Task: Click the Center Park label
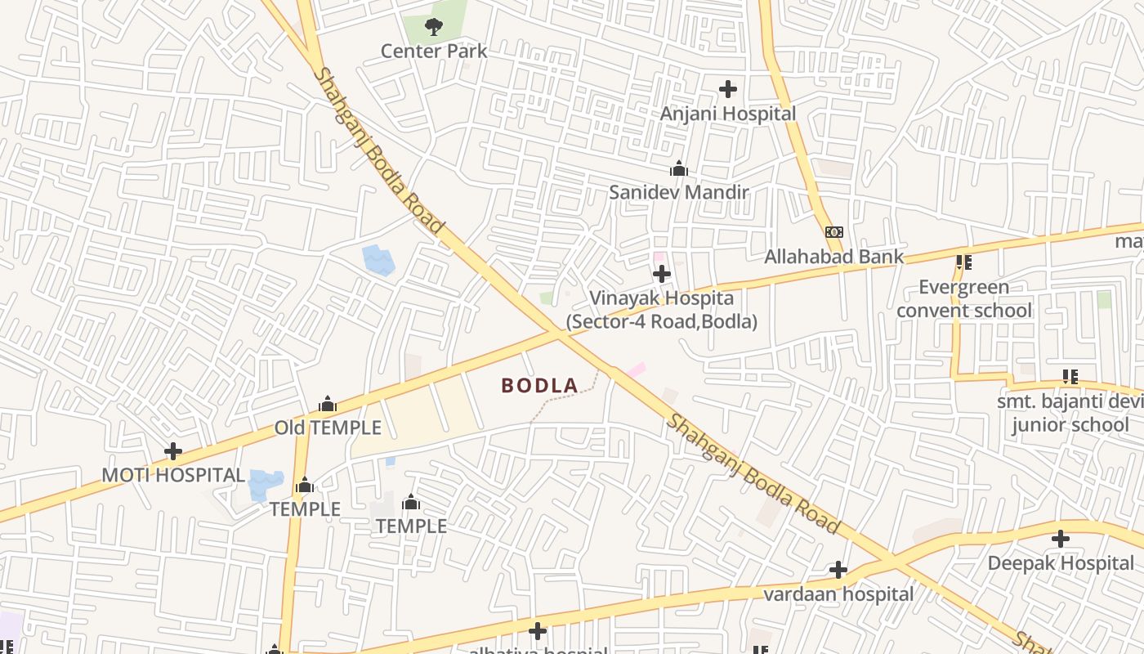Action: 434,51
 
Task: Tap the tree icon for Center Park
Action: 434,28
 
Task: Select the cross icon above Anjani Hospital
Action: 727,88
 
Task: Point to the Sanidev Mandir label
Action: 678,192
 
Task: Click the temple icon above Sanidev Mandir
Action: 678,169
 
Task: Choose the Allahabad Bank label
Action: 833,257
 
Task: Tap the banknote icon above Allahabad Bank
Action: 833,232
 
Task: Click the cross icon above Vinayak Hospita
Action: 662,274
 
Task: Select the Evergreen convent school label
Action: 964,298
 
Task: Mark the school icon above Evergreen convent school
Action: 964,262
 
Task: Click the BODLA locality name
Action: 539,385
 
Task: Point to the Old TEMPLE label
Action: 328,428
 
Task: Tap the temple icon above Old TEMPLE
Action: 328,404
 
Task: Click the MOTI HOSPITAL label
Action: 173,475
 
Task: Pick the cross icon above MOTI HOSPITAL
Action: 173,450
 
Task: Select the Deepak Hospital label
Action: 1061,563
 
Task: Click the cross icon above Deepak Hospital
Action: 1061,539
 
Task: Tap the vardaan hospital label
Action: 838,594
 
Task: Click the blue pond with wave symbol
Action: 378,259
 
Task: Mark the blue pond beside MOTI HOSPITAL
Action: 266,485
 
